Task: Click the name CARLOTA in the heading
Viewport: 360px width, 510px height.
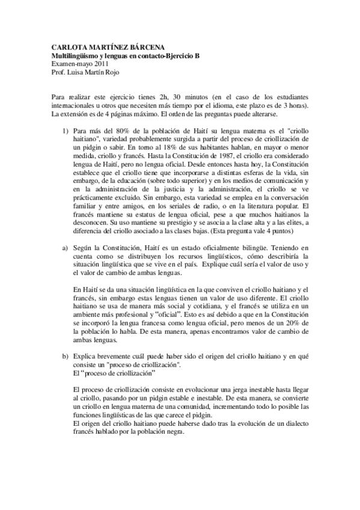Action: [65, 47]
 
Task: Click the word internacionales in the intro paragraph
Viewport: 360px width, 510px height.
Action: [70, 106]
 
